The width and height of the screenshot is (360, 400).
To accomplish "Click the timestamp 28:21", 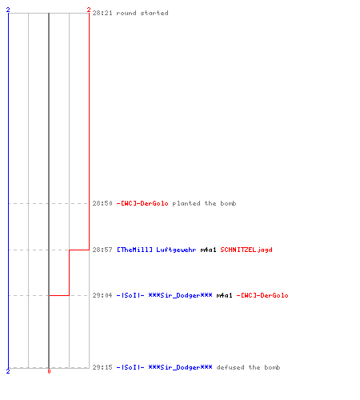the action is pyautogui.click(x=102, y=13).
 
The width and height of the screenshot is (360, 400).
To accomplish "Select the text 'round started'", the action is pyautogui.click(x=142, y=13).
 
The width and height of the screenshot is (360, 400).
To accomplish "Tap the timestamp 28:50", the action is pyautogui.click(x=102, y=203).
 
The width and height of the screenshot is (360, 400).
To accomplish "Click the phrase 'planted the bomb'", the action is pyautogui.click(x=204, y=203).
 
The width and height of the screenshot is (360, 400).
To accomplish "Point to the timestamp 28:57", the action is pyautogui.click(x=102, y=250).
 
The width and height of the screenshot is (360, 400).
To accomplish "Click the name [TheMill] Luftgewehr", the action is pyautogui.click(x=157, y=250).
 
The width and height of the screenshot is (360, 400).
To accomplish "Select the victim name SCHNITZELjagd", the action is pyautogui.click(x=246, y=250).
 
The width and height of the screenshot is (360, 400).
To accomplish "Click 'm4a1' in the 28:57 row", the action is pyautogui.click(x=208, y=250).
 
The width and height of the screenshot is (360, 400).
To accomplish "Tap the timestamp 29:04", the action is pyautogui.click(x=102, y=295).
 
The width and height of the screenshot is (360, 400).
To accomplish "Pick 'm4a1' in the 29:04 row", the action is pyautogui.click(x=224, y=295).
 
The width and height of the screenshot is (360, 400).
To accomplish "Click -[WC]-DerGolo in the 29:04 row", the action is pyautogui.click(x=262, y=295).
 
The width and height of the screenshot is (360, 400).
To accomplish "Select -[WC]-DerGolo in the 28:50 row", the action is pyautogui.click(x=142, y=203).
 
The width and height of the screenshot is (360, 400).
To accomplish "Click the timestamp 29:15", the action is pyautogui.click(x=102, y=367).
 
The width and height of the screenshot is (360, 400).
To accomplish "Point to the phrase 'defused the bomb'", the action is pyautogui.click(x=248, y=367).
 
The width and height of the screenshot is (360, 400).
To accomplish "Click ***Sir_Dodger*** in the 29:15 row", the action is pyautogui.click(x=180, y=367).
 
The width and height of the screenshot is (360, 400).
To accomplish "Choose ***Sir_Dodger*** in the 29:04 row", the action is pyautogui.click(x=180, y=295).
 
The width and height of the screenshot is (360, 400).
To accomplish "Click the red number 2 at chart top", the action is pyautogui.click(x=89, y=10).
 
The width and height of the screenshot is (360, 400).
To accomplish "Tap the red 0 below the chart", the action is pyautogui.click(x=49, y=371).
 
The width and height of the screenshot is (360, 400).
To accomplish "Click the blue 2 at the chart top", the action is pyautogui.click(x=8, y=10).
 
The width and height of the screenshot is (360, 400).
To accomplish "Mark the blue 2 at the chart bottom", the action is pyautogui.click(x=8, y=371).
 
